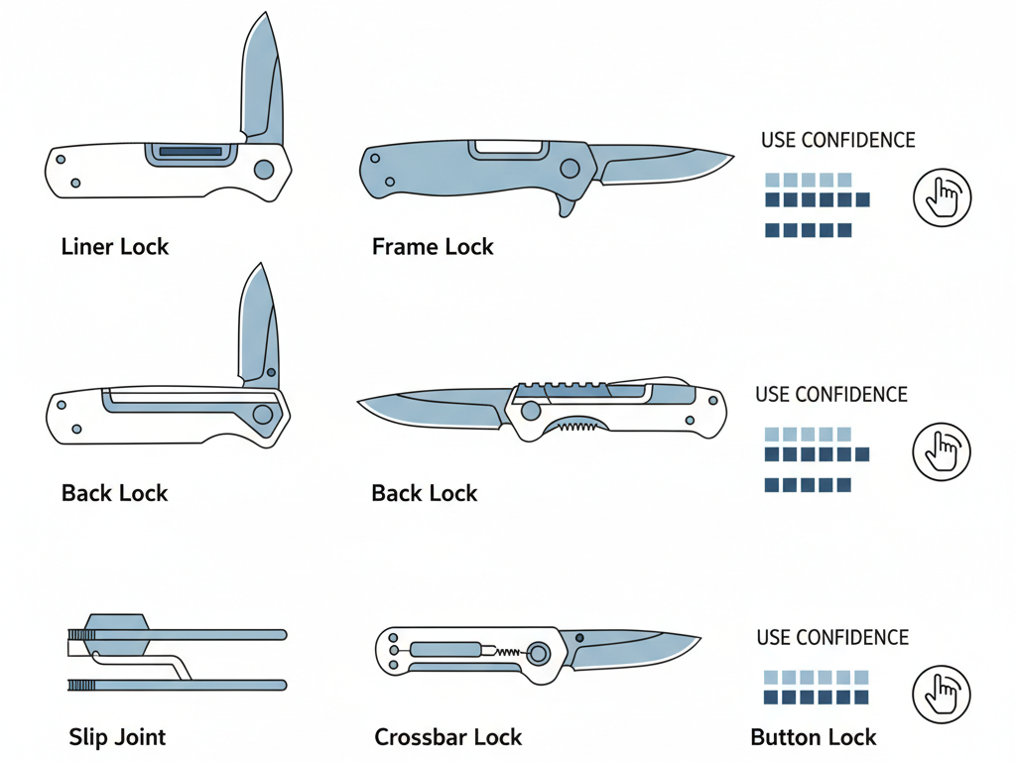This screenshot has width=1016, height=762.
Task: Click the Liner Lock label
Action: (x=115, y=247)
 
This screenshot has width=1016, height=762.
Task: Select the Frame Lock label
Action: (x=433, y=247)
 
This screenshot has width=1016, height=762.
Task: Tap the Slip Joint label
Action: (x=117, y=737)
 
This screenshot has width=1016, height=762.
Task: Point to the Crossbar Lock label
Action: (x=447, y=737)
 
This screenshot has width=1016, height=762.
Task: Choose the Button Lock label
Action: (x=814, y=737)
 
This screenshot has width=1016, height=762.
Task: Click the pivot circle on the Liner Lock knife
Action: (x=263, y=170)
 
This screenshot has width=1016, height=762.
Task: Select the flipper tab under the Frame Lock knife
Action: (x=567, y=205)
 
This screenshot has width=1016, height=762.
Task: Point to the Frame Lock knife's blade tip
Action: (x=729, y=157)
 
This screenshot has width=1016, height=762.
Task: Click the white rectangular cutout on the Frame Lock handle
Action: (x=510, y=148)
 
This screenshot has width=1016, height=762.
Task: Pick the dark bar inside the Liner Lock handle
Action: (x=190, y=152)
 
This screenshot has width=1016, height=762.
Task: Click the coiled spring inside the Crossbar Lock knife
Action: (x=506, y=652)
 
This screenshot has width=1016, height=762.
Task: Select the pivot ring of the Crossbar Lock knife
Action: (x=539, y=653)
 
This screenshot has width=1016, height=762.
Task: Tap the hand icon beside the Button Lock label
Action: (x=941, y=694)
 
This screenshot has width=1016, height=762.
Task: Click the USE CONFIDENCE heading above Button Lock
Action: (x=832, y=637)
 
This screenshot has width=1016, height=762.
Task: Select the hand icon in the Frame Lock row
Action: (x=941, y=194)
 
